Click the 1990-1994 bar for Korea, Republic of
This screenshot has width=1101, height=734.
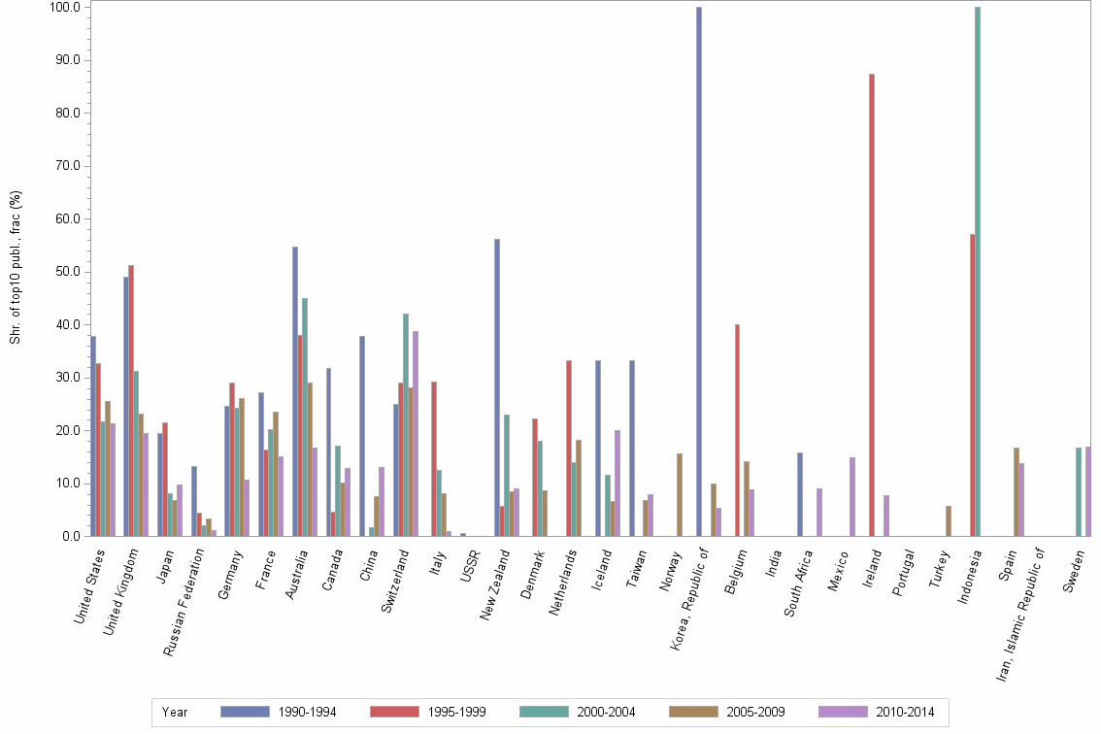(x=699, y=272)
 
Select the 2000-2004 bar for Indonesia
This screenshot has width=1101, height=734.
(x=978, y=272)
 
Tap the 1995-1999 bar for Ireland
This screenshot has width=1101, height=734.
(x=872, y=305)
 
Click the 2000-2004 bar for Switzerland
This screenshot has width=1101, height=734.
(x=406, y=424)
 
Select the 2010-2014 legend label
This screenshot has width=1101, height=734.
(x=905, y=712)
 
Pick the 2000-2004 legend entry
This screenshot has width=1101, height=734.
(x=579, y=712)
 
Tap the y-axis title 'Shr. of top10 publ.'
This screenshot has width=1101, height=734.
(x=16, y=267)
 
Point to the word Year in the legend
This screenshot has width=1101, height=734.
(x=175, y=712)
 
